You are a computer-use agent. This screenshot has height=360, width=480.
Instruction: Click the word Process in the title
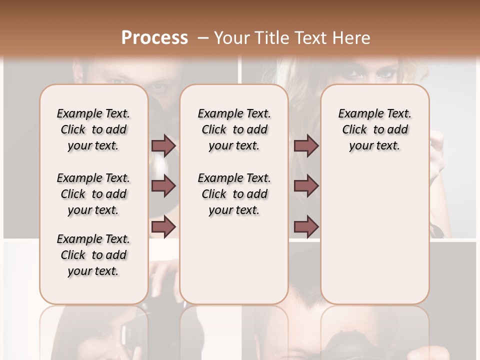tap(154, 37)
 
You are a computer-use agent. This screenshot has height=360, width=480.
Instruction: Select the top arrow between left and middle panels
tap(163, 145)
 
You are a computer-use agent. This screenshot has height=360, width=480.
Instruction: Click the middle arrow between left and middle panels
tap(163, 186)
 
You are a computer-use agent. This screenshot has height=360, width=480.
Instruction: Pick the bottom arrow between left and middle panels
tap(163, 227)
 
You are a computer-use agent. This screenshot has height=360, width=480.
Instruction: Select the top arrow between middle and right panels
tap(306, 145)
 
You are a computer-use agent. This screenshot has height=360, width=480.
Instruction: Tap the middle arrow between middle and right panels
tap(306, 186)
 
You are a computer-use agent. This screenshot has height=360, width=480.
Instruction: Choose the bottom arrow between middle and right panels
tap(306, 227)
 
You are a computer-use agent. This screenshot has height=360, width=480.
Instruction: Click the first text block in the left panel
tap(93, 129)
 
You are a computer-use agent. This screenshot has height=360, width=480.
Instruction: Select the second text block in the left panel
tap(93, 194)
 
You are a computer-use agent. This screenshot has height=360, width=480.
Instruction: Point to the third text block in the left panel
tap(93, 255)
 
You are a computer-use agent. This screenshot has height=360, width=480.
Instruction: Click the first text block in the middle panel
tap(234, 129)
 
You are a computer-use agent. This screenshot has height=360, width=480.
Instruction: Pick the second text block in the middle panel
tap(234, 194)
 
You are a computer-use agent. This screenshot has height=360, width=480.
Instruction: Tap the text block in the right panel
tap(374, 129)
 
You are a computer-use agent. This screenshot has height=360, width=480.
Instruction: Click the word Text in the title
tap(308, 37)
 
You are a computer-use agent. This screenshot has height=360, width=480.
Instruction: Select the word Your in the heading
tap(229, 37)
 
